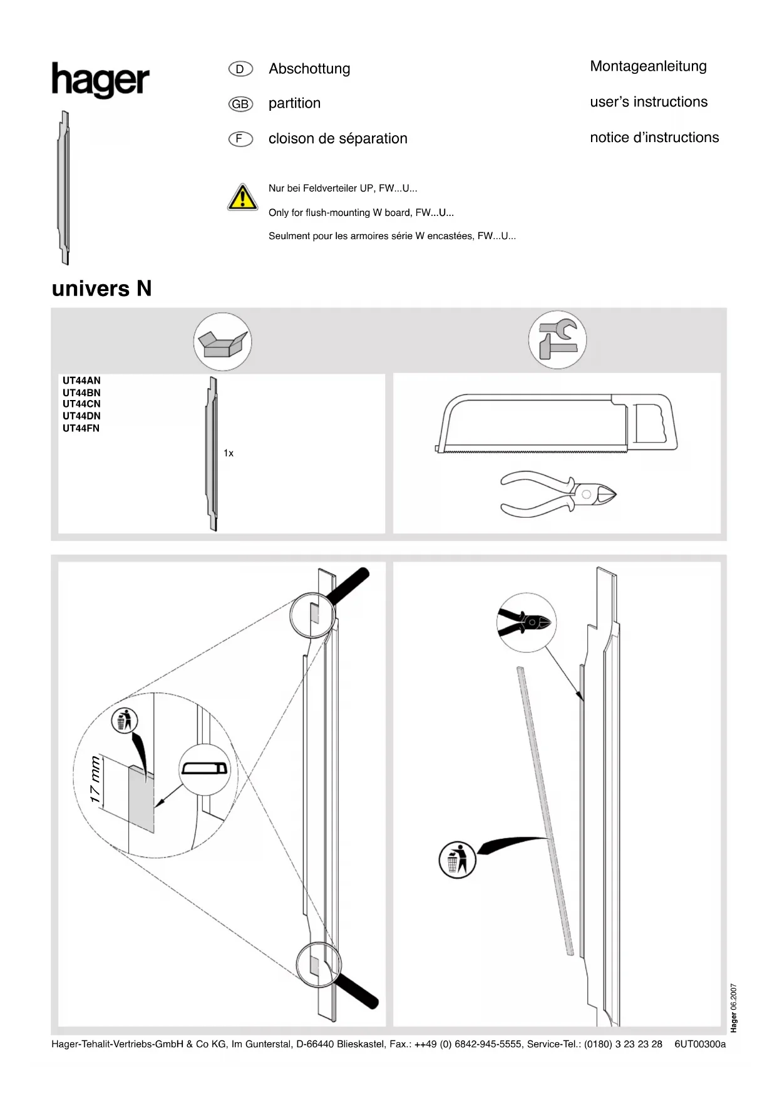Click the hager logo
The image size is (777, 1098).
(x=100, y=80)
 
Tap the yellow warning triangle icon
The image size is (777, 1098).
(x=242, y=197)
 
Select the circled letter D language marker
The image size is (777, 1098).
(x=240, y=69)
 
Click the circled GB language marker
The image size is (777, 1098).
(x=240, y=104)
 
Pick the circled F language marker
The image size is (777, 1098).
(x=240, y=139)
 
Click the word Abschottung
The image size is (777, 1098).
(x=309, y=69)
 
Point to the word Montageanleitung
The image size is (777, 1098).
(x=648, y=66)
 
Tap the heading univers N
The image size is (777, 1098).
(x=102, y=289)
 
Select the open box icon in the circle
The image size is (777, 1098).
(x=222, y=342)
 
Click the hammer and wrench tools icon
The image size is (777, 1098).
(x=557, y=340)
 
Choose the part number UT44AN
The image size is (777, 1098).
(x=81, y=381)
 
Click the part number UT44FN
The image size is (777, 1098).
(x=81, y=428)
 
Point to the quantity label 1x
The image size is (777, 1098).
(x=229, y=453)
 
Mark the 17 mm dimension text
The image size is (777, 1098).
(x=95, y=780)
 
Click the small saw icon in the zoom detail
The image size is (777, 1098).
(x=205, y=769)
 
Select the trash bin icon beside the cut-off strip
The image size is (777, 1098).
(x=457, y=859)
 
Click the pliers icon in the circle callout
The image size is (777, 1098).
(x=526, y=622)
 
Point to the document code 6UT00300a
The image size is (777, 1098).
(x=700, y=1044)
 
